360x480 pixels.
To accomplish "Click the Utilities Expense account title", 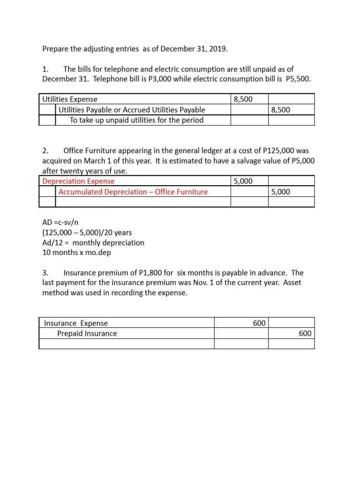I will click(x=70, y=99).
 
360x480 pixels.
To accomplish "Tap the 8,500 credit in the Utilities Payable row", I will click(x=280, y=110).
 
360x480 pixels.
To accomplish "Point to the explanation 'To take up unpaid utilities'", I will click(x=136, y=120).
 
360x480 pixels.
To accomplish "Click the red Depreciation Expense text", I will click(x=78, y=181).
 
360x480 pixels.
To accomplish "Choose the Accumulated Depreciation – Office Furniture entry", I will click(x=133, y=192).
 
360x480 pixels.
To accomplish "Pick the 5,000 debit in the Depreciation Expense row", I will click(x=243, y=181).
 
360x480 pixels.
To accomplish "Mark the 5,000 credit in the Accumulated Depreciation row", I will click(x=280, y=192).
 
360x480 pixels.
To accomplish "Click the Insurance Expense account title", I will click(x=76, y=323).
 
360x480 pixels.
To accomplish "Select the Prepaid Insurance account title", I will click(x=87, y=333).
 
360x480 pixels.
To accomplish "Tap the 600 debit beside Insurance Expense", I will click(x=259, y=323).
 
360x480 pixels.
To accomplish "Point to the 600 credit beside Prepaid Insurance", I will click(x=305, y=333).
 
